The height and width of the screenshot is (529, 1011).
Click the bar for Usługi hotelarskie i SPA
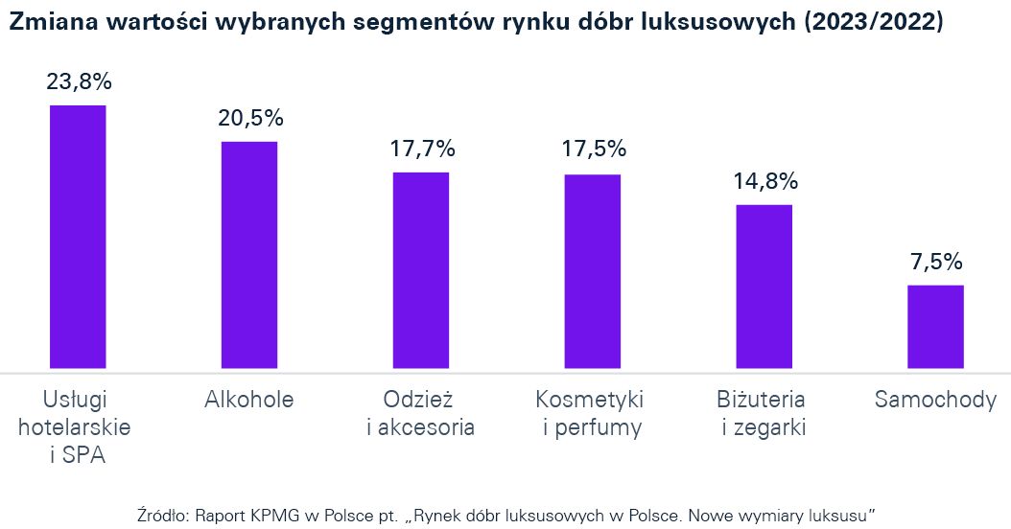click(78, 237)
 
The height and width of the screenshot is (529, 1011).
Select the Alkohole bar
click(249, 255)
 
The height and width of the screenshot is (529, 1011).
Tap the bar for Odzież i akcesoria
click(421, 270)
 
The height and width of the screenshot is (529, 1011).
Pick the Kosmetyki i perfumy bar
click(592, 271)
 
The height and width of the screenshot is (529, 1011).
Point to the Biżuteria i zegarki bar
click(764, 287)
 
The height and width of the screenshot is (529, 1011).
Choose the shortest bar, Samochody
click(935, 327)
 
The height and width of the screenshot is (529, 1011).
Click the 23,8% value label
click(79, 82)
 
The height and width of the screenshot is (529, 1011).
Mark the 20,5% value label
click(249, 119)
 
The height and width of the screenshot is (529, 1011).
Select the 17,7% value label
click(421, 149)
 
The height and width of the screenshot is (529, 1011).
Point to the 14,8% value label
click(764, 182)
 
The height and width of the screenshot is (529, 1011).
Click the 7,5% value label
click(935, 263)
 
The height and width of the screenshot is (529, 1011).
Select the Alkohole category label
click(249, 400)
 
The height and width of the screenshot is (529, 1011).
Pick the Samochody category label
click(935, 400)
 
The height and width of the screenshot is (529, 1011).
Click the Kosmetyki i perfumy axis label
click(592, 413)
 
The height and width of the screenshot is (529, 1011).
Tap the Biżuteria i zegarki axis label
click(764, 413)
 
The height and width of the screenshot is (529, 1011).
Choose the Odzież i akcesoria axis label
click(421, 413)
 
